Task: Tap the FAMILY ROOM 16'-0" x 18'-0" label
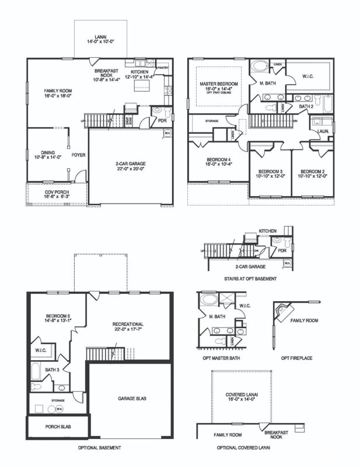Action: tap(58, 94)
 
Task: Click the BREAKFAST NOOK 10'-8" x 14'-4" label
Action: tap(107, 76)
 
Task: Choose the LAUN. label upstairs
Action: tap(323, 132)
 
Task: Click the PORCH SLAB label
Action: tap(58, 426)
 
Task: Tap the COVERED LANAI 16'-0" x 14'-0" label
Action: tap(240, 398)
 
